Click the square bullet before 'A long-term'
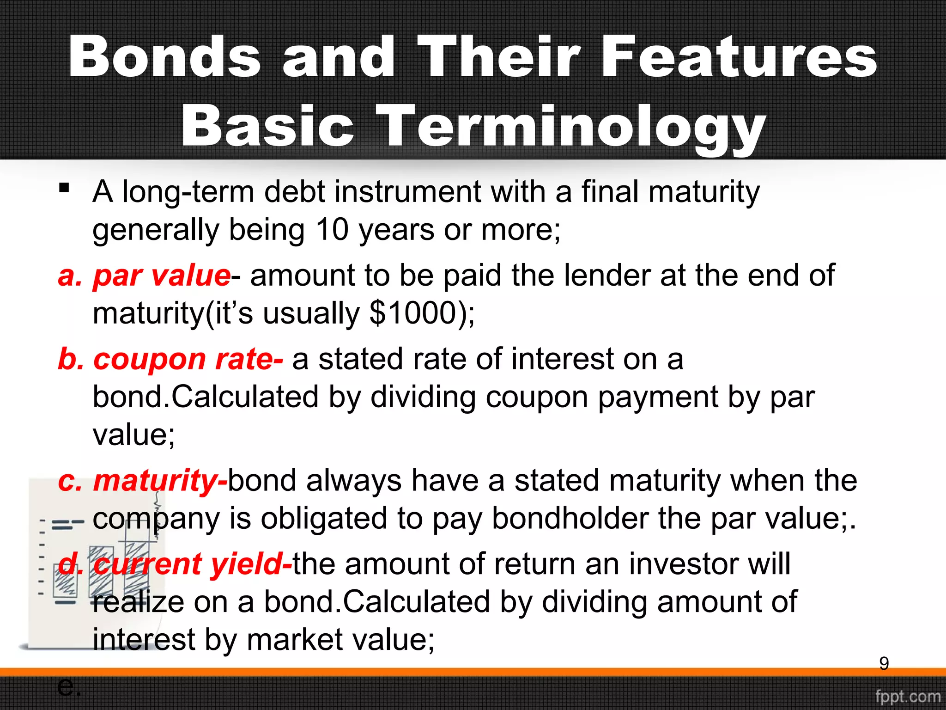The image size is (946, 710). (64, 188)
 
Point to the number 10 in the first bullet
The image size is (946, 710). (332, 230)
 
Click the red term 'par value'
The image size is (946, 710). (162, 276)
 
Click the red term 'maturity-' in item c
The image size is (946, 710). (160, 481)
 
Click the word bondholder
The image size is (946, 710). (570, 519)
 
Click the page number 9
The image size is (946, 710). (884, 664)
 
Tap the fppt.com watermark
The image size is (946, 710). (908, 696)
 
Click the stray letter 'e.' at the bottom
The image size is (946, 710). (69, 687)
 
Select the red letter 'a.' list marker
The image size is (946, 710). (70, 276)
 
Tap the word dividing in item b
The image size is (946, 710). (423, 397)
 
